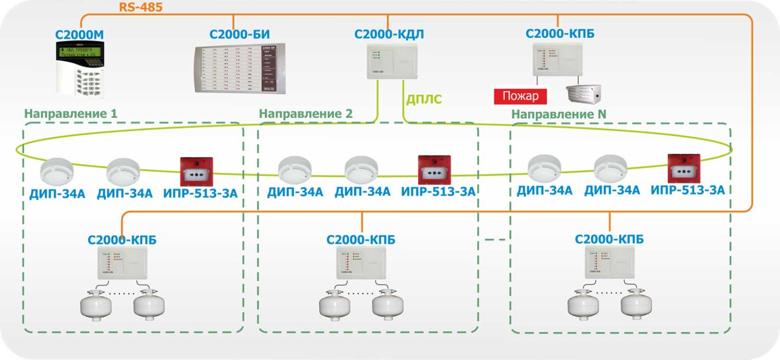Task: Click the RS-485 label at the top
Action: [141, 7]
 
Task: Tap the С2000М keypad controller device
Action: [80, 69]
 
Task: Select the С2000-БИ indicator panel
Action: [240, 69]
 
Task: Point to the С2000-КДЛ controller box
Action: [392, 62]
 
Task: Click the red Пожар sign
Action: [520, 96]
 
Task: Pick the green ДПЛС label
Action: [424, 99]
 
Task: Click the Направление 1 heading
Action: [71, 114]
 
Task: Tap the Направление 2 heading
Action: [305, 114]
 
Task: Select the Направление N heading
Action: [558, 114]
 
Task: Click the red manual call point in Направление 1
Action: [196, 172]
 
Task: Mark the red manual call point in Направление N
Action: [683, 168]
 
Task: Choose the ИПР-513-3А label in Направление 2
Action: [438, 191]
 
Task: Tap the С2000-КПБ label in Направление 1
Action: [122, 240]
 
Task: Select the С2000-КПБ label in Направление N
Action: [609, 239]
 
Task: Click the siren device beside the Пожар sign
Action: [583, 93]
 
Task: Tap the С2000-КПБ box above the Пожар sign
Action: [557, 59]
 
